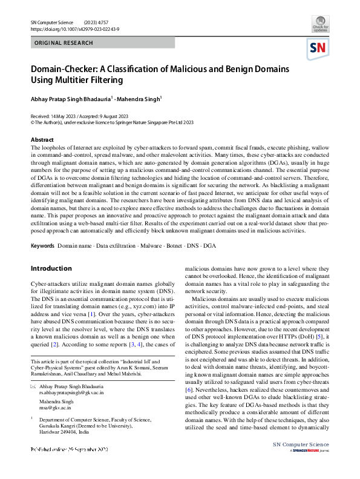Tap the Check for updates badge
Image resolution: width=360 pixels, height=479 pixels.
point(320,26)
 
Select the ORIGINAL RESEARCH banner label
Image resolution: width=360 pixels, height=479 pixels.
point(64,43)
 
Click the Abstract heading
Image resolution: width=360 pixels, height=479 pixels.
point(42,139)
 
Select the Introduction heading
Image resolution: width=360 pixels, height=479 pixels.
point(51,268)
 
